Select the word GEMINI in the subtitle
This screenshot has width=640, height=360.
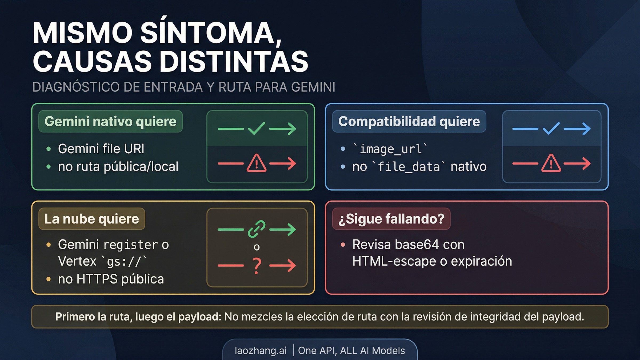coord(313,87)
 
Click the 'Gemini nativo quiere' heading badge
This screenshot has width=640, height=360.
coord(110,122)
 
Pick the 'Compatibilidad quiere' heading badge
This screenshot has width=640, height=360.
coord(409,122)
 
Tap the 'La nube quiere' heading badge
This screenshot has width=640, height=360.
coord(92,219)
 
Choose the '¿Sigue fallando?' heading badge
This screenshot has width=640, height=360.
coord(391,219)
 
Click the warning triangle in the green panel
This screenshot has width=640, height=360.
coord(257,163)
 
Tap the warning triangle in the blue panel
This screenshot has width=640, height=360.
coord(551,163)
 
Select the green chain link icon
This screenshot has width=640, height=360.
coord(257,229)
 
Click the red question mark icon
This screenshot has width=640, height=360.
coord(257,266)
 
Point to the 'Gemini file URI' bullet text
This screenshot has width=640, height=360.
coord(101,149)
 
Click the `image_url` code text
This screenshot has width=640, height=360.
coord(390,149)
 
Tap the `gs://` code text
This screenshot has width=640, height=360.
coord(124,261)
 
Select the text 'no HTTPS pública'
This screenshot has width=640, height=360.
coord(111,279)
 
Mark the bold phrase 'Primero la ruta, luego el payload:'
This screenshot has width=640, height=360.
coord(138,317)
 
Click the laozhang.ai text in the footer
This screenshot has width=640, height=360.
coord(261,351)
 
